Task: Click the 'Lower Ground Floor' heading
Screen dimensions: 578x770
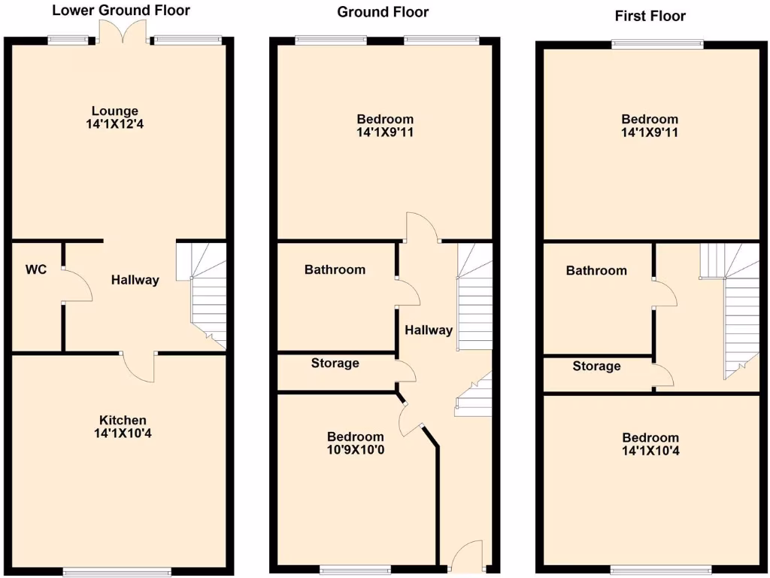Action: (120, 11)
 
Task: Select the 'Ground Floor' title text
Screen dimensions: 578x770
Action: (383, 12)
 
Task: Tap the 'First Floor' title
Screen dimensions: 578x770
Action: (650, 16)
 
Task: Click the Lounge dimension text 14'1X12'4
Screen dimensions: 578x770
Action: (115, 125)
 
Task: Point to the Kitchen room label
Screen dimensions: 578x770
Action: (123, 420)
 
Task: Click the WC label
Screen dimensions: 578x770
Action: (36, 269)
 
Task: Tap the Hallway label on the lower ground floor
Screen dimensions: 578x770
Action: (135, 280)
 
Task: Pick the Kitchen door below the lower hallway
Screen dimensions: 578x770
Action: (139, 367)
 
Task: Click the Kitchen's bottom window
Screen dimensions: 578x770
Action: (117, 571)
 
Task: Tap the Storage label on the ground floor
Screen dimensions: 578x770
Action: (335, 364)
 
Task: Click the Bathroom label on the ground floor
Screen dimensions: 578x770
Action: (335, 269)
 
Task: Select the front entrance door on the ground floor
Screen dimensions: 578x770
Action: (466, 555)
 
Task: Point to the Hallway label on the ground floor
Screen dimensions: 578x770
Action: (429, 330)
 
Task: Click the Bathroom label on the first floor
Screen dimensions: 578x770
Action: (596, 270)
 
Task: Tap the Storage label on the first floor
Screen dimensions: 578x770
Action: (596, 367)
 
